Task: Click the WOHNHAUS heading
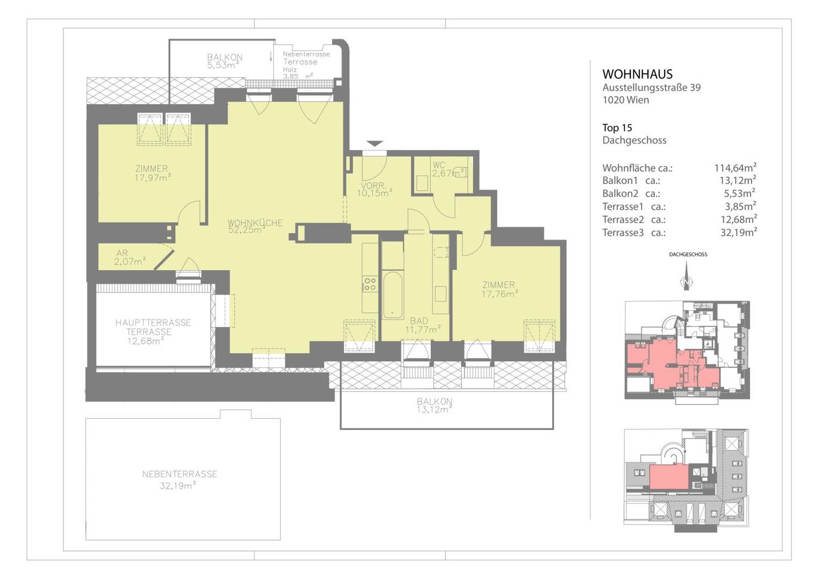[637, 74]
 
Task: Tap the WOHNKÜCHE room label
[255, 222]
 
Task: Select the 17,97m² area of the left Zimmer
[153, 178]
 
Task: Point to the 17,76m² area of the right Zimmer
[499, 294]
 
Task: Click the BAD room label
[419, 321]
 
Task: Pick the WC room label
[439, 165]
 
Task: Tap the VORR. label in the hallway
[374, 185]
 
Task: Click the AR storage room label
[122, 253]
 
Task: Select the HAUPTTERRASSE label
[153, 322]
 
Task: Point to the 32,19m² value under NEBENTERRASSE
[177, 486]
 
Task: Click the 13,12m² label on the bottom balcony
[434, 410]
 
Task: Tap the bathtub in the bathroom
[393, 295]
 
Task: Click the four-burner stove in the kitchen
[370, 284]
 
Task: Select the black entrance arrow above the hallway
[374, 143]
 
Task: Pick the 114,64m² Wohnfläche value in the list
[735, 168]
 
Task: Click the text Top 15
[617, 127]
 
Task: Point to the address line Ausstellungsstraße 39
[652, 88]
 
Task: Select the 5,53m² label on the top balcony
[223, 65]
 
